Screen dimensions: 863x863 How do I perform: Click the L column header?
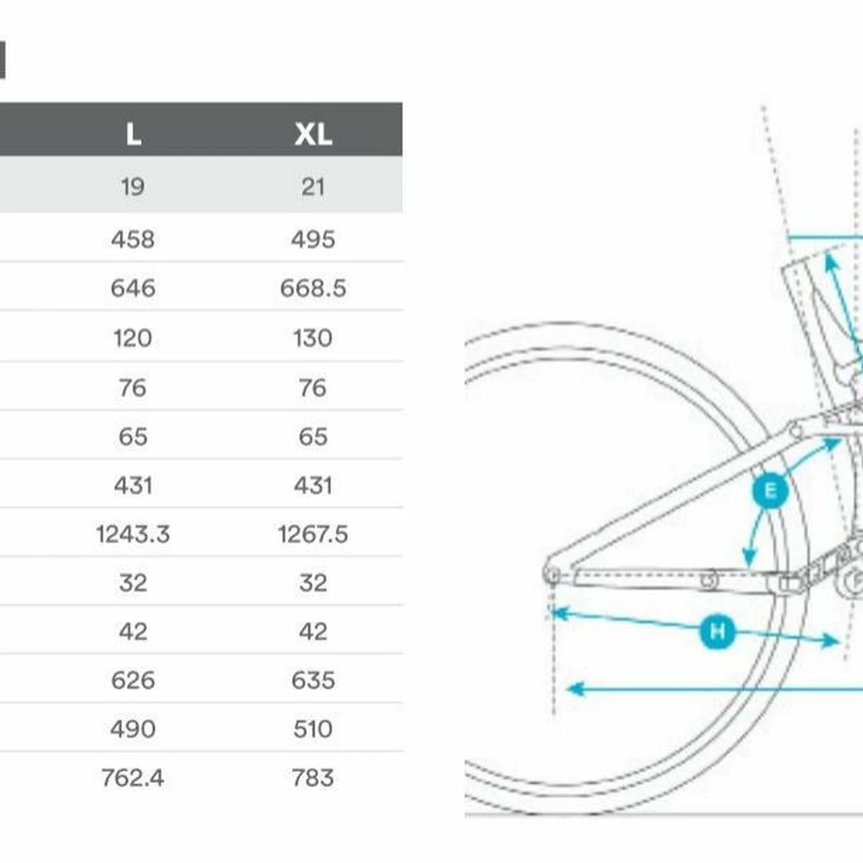tap(133, 134)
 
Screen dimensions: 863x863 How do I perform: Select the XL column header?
tap(313, 134)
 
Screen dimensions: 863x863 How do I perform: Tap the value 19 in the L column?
tap(133, 187)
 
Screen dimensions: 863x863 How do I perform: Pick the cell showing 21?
tap(313, 187)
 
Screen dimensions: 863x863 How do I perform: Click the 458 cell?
tap(133, 239)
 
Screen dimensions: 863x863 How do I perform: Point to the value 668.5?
tap(313, 288)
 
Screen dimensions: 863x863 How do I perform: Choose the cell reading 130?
tap(313, 338)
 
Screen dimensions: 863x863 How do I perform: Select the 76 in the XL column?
tap(313, 388)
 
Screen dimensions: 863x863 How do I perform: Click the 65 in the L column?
tap(133, 437)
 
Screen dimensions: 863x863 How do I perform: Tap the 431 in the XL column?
tap(313, 485)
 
